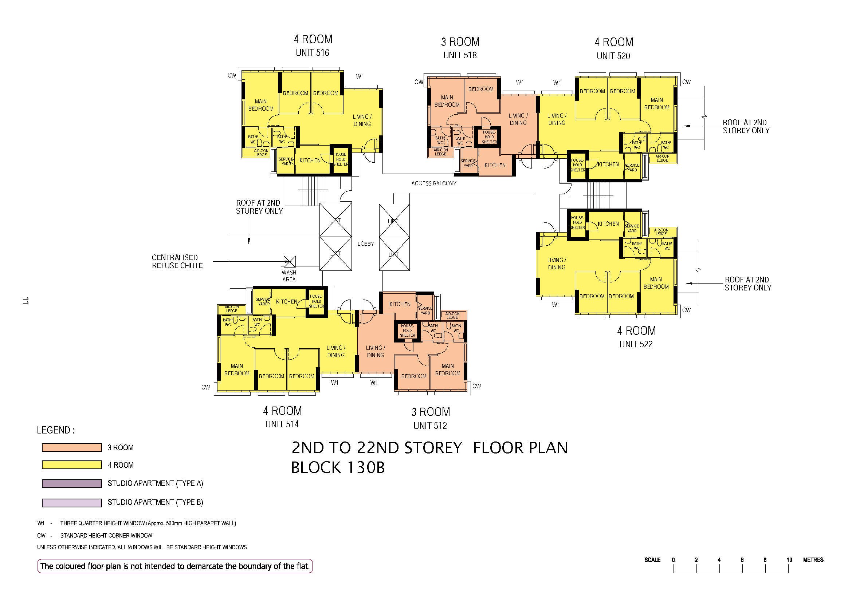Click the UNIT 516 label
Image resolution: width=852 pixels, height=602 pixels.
click(x=313, y=53)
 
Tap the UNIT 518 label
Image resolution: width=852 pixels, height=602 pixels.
click(x=460, y=55)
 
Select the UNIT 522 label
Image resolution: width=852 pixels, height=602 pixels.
click(x=636, y=344)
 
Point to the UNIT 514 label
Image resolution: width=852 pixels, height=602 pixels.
click(x=282, y=424)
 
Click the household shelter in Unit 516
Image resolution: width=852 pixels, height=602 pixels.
click(x=340, y=159)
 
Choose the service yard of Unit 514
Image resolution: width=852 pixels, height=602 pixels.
click(x=263, y=301)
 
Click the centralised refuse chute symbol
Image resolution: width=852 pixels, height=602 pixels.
click(x=290, y=261)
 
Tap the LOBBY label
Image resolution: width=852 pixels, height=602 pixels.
click(x=365, y=243)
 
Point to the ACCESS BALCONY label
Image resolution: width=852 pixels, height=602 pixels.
click(x=434, y=183)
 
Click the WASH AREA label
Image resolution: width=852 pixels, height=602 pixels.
click(x=289, y=276)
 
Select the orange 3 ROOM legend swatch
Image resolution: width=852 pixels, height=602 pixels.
click(x=72, y=447)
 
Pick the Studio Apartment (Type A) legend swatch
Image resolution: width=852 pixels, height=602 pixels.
click(x=72, y=483)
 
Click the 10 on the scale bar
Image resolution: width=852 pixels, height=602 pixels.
click(x=789, y=560)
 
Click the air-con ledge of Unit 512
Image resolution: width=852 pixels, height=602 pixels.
click(x=452, y=316)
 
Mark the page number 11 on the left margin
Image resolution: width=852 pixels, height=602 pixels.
click(x=25, y=301)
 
